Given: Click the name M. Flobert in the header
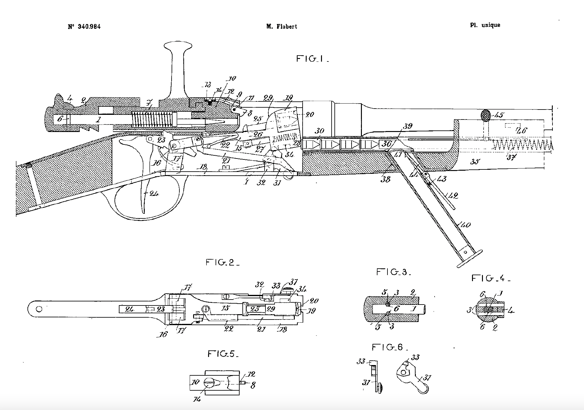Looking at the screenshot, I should point(281,27).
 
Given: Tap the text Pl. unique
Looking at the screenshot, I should point(485,25).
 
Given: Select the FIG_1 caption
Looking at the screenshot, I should point(313,59).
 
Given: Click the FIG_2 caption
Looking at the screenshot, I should point(222,262).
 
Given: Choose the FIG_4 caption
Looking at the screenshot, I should point(491,278).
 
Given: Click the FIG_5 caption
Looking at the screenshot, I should point(223,354).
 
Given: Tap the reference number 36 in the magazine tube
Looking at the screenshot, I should point(386,144).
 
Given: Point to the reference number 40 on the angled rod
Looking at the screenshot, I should point(465,225).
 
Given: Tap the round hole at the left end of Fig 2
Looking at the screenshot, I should point(39,309).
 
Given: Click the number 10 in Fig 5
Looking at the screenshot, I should point(195,382).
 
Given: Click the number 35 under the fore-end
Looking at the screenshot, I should point(474,162).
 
